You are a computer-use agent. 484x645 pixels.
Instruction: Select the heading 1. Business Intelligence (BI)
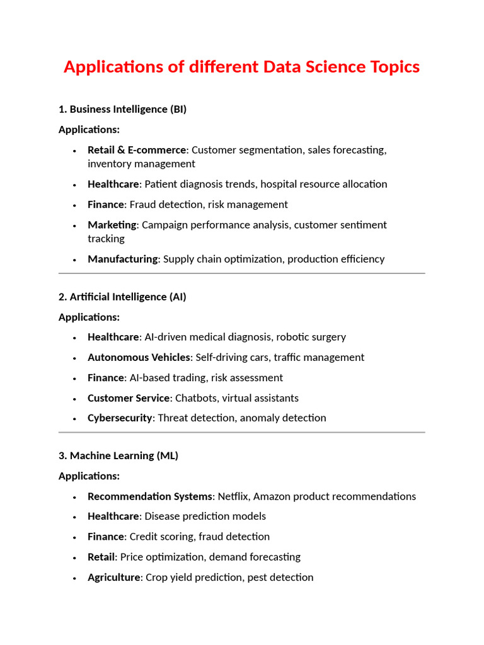pos(122,110)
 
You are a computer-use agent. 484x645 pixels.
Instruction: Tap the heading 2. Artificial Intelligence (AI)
pos(122,297)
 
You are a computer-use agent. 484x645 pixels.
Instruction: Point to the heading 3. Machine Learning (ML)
pos(118,455)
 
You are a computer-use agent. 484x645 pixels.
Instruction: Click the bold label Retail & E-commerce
pos(137,150)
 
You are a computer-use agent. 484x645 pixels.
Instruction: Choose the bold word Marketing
pos(112,225)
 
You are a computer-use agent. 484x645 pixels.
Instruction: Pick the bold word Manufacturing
pos(122,259)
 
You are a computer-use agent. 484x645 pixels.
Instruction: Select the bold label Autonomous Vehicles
pos(139,357)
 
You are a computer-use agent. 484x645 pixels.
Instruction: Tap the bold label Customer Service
pos(129,398)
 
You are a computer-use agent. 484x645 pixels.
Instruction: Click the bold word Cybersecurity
pos(120,418)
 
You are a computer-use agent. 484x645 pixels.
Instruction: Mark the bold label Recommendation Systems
pos(151,496)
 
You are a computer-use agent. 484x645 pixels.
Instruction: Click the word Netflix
pos(233,496)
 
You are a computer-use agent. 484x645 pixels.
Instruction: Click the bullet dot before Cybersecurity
pos(74,418)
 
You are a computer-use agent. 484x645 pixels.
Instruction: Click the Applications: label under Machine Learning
pos(89,476)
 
